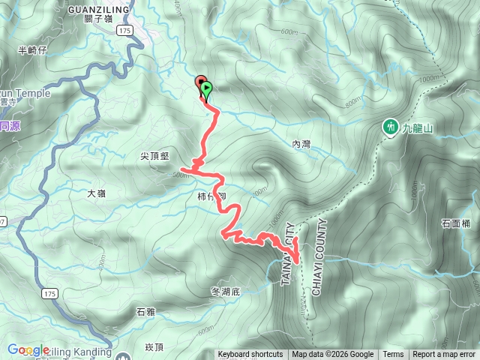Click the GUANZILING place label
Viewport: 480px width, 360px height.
[98, 8]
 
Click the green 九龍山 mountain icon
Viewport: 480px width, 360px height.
[391, 128]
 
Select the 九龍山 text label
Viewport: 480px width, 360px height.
[418, 129]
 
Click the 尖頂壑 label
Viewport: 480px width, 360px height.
[155, 156]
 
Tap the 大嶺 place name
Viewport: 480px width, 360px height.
[96, 193]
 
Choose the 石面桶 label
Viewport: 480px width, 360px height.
[456, 223]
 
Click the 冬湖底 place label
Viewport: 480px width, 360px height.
[225, 290]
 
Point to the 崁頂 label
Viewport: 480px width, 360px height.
[154, 346]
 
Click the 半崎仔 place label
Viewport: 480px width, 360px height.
[32, 50]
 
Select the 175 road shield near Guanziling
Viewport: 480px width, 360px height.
[124, 30]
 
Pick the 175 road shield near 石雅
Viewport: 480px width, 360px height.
[50, 292]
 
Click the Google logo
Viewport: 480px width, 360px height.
[28, 349]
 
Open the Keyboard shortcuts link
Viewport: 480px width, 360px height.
[250, 355]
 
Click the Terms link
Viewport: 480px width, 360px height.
[393, 355]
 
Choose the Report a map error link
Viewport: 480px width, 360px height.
[444, 355]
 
